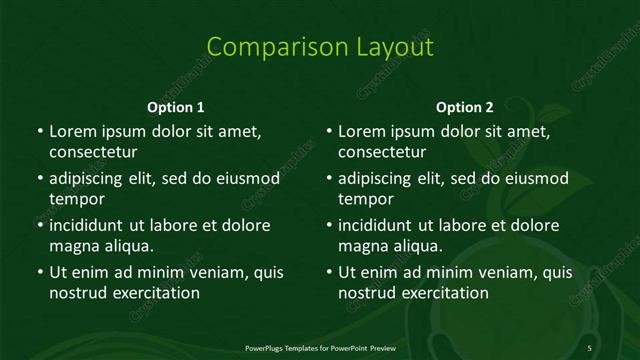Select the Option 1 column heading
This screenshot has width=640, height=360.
pos(176,107)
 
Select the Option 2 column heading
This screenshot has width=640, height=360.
pos(465,107)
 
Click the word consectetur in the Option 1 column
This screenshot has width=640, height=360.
pos(93,152)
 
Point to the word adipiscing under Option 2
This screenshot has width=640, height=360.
pos(381,178)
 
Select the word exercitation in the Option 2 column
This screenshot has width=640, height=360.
pos(443,293)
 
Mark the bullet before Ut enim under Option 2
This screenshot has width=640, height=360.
pos(328,272)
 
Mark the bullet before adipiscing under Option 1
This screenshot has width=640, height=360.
pos(39,178)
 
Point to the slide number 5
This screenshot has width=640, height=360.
pos(590,346)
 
